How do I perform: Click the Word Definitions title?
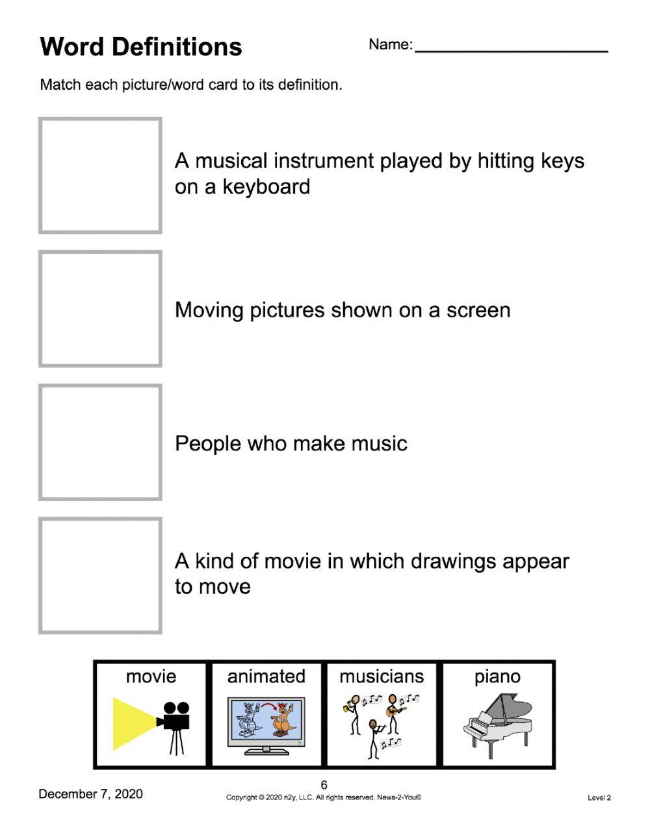[x=141, y=47]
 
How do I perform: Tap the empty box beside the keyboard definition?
[x=100, y=175]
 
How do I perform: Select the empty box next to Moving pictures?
[x=100, y=309]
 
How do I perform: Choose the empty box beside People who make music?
[x=100, y=442]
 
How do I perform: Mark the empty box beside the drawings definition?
[x=100, y=575]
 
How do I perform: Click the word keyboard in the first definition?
[x=266, y=187]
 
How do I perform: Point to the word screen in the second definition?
[x=478, y=311]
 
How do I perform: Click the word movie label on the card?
[x=151, y=677]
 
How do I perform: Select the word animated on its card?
[x=266, y=677]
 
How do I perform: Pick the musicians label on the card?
[x=382, y=677]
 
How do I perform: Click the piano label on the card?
[x=497, y=677]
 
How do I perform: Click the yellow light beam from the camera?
[x=133, y=723]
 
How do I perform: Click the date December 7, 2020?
[x=90, y=794]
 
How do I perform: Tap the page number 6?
[x=324, y=785]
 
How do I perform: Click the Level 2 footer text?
[x=599, y=797]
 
